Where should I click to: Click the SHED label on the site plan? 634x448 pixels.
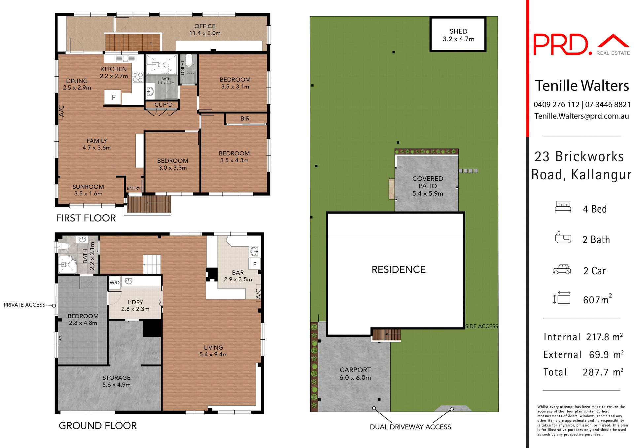458,32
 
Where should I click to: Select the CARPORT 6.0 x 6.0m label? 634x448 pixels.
355,374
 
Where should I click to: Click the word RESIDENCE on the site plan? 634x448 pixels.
399,269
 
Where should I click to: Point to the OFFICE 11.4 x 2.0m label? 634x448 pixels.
205,29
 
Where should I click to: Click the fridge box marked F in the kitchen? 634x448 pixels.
113,97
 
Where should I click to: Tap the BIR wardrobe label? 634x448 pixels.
245,119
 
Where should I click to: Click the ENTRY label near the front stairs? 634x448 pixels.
134,189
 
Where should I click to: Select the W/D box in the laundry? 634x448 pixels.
115,283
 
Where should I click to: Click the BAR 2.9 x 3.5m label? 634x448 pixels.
238,276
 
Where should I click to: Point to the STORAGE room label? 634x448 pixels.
116,381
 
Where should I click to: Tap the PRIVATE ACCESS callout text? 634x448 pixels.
24,305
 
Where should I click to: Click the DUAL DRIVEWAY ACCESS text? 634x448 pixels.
410,427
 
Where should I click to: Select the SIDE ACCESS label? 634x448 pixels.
481,326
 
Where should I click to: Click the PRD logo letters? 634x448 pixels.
560,44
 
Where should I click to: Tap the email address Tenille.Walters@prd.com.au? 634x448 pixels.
581,116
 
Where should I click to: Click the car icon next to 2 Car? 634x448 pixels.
562,270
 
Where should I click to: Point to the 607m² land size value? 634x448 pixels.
597,299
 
